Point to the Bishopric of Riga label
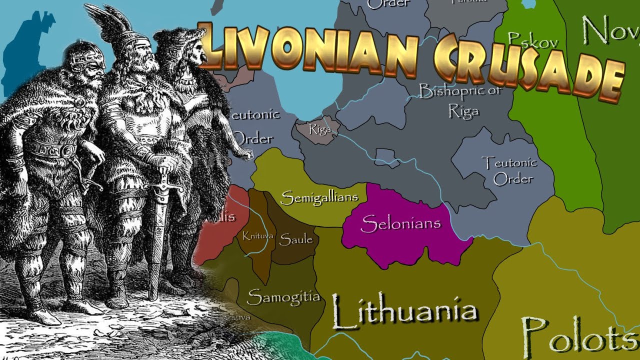460,100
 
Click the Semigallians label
319,198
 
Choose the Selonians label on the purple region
400,223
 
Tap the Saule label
295,239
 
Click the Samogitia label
283,296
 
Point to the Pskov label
532,40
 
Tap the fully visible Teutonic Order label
508,170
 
